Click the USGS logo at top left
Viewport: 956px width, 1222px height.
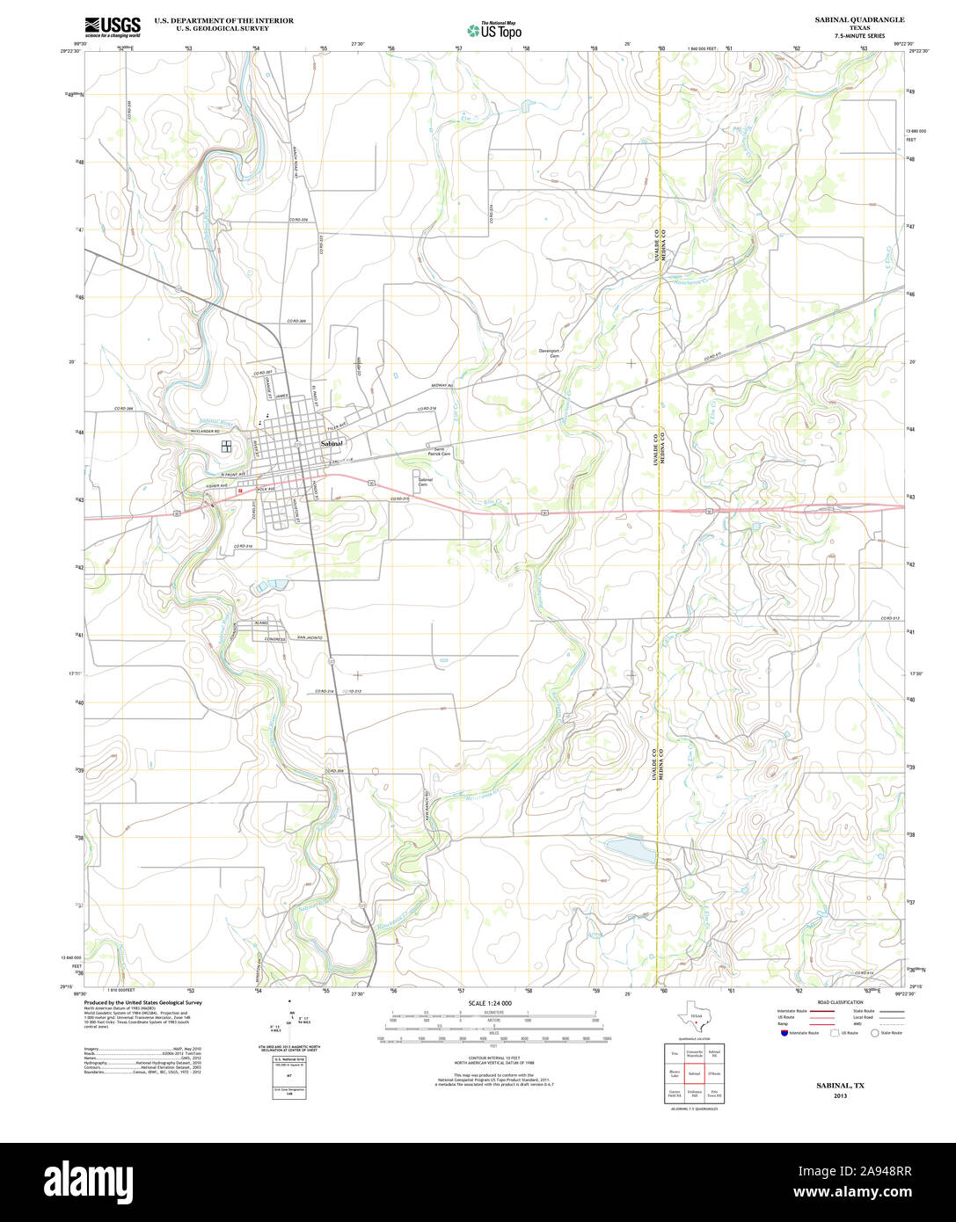[x=113, y=25]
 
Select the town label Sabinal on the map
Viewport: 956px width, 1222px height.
[x=332, y=445]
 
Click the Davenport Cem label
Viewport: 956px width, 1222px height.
[x=550, y=353]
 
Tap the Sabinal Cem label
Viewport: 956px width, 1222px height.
[x=425, y=482]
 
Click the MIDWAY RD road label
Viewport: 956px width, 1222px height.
[x=442, y=386]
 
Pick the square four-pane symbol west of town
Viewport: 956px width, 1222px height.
[x=226, y=447]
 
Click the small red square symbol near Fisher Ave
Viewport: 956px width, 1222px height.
[x=239, y=491]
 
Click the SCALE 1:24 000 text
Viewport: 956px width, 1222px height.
[x=491, y=1003]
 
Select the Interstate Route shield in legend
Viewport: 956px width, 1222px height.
[x=783, y=1032]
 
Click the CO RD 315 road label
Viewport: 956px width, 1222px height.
[x=400, y=499]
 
